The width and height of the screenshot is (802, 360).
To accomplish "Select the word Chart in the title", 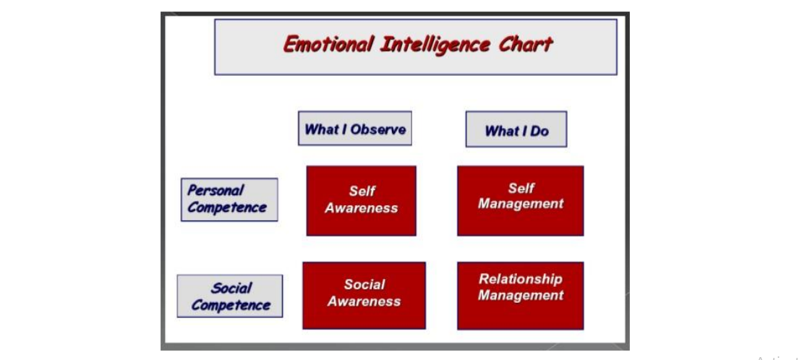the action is (x=525, y=45).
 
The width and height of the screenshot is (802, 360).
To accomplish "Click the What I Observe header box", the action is (x=355, y=129).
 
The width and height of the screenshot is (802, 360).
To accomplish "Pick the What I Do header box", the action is (x=516, y=129).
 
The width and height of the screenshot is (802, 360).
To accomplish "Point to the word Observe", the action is (x=378, y=129).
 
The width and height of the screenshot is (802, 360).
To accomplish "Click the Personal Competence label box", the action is (x=229, y=200).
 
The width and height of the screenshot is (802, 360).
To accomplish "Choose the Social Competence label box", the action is (x=230, y=296).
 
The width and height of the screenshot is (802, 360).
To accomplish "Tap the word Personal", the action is (x=216, y=191).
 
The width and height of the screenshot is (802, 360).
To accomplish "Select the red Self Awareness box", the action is (x=361, y=200).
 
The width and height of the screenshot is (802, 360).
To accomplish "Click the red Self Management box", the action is (x=520, y=200).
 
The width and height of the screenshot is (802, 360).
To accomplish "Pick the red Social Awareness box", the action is (x=364, y=295).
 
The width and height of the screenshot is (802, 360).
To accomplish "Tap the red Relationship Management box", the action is (x=520, y=296).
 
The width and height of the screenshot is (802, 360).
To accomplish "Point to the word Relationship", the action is (x=520, y=279).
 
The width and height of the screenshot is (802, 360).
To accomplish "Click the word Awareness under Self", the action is (x=361, y=208).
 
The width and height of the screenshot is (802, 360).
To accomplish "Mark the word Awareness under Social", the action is (x=364, y=301).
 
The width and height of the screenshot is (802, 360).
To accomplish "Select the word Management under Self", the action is (x=520, y=204).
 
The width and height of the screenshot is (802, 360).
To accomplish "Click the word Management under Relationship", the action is (x=520, y=296).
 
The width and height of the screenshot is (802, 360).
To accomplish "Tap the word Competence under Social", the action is (x=231, y=305).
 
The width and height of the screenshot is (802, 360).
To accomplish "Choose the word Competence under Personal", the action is (x=226, y=207).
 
